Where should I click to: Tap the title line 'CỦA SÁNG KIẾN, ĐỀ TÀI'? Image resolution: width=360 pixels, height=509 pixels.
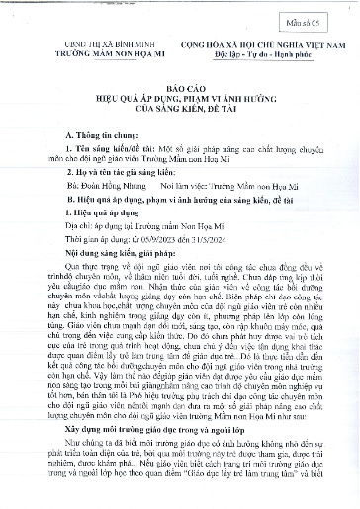pos(179,111)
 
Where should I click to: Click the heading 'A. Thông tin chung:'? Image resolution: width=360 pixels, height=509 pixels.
pos(88,133)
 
